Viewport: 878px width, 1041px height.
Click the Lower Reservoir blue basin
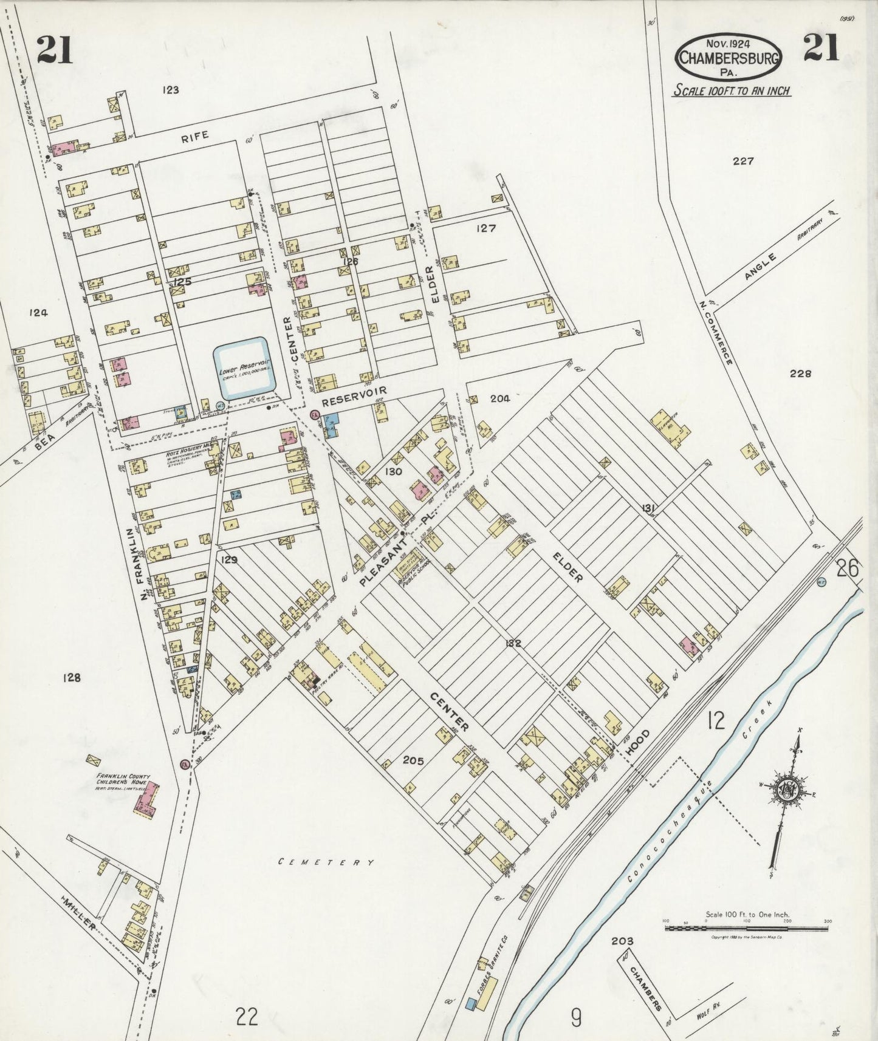242,369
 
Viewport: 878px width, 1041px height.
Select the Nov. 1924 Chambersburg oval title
729,57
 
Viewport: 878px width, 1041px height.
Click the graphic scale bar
746,928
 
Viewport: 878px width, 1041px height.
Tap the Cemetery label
325,862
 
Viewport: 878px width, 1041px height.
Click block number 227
743,161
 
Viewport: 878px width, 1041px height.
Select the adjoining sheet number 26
848,568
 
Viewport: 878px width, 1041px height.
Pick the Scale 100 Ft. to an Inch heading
730,91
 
